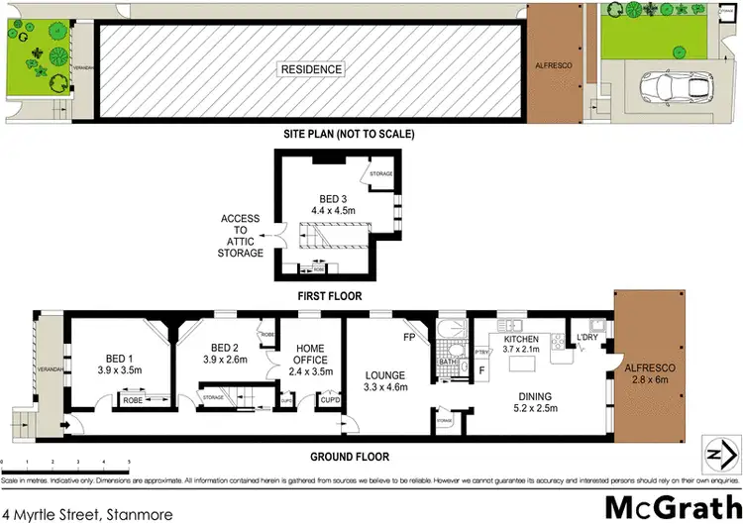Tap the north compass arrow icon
[717, 452]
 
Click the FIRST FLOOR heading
[332, 295]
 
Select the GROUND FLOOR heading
[349, 458]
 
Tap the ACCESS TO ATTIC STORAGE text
[242, 236]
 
